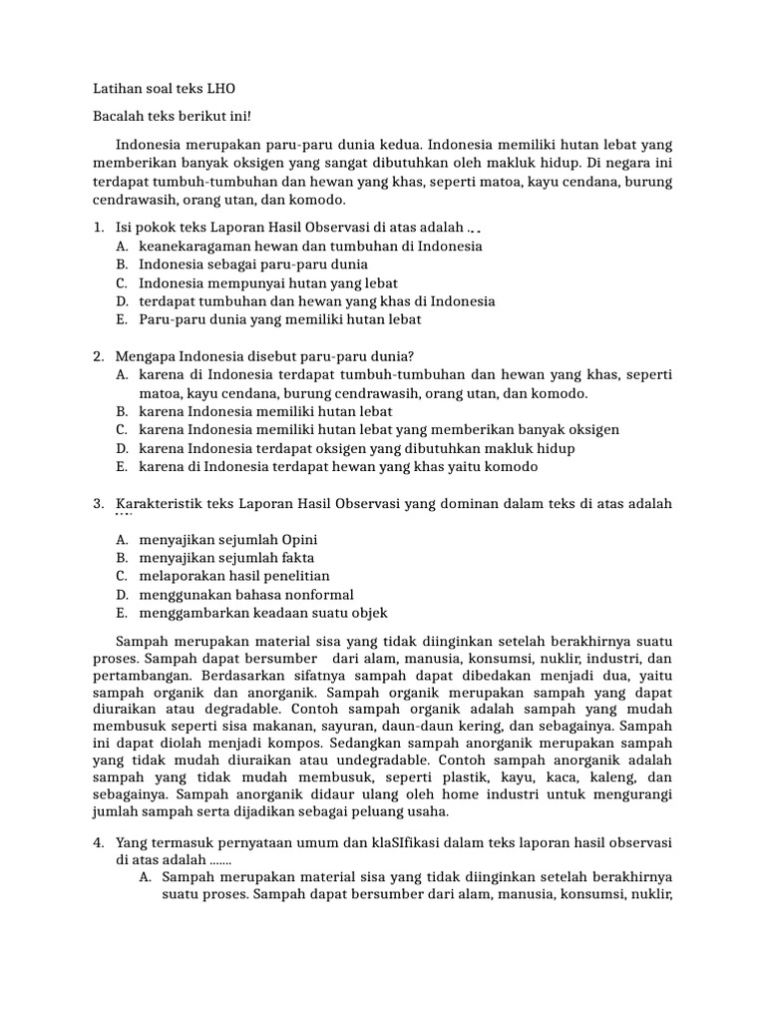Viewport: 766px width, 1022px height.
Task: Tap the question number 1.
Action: point(99,228)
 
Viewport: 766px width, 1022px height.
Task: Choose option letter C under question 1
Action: point(122,282)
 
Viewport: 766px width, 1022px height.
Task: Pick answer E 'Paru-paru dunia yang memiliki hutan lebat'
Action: point(280,319)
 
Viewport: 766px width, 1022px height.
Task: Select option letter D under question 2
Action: point(122,448)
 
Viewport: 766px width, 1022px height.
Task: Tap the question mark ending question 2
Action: point(412,356)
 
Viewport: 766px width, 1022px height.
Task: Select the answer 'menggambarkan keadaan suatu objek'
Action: point(263,613)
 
